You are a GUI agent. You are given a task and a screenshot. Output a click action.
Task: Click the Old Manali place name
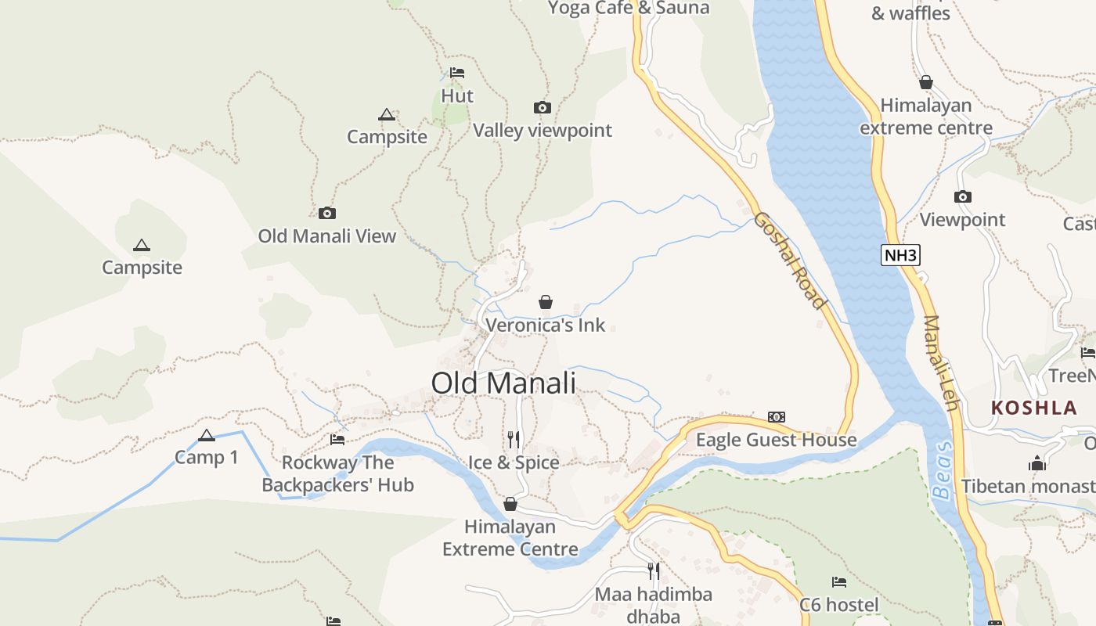point(503,383)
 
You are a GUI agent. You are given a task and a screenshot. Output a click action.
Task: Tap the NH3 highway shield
point(900,255)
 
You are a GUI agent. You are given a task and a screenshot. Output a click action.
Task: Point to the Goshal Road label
point(790,260)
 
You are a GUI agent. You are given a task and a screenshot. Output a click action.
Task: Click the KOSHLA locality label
point(1034,408)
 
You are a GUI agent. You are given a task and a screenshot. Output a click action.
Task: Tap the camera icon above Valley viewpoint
point(542,108)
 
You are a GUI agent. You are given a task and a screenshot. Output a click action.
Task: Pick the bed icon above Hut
point(457,74)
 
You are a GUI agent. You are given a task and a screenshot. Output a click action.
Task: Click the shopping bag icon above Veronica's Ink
point(546,302)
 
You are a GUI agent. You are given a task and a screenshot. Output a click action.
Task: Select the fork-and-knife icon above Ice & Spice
point(514,439)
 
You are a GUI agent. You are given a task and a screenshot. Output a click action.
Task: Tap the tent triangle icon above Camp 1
point(207,436)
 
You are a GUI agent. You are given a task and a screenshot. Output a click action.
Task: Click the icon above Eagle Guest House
point(777,417)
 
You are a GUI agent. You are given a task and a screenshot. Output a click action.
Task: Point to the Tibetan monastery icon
point(1037,463)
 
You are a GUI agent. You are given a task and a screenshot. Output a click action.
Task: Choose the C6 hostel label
point(839,605)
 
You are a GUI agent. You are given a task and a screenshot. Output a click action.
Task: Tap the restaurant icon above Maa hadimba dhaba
point(654,570)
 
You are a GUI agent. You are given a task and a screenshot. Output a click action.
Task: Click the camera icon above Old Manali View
point(327,214)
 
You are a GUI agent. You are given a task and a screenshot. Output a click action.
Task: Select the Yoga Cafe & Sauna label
point(629,8)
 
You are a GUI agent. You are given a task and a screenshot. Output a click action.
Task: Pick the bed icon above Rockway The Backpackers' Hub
point(337,440)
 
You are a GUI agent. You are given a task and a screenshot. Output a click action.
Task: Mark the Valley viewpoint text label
point(543,131)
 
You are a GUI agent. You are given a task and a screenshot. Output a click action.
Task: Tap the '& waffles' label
point(910,13)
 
